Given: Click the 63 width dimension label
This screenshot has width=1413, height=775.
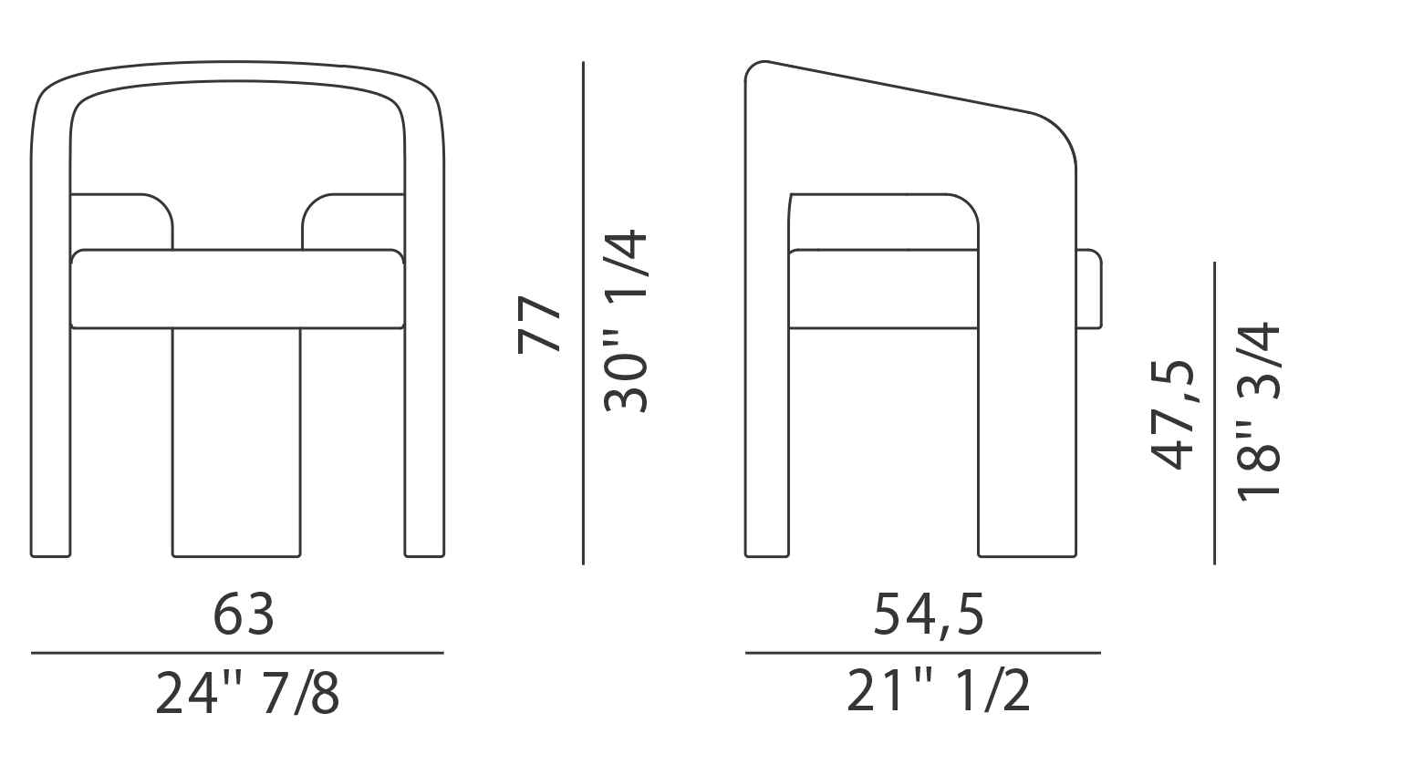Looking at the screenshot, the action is pos(244,614).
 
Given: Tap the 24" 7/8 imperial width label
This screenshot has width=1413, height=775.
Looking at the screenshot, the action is pos(247,693).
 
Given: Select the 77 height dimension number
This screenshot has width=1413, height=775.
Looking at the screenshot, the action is pos(539,324).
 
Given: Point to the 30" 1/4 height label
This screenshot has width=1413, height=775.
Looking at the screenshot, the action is pos(626,322).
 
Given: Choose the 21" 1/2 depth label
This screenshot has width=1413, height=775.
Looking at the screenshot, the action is pos(939,691).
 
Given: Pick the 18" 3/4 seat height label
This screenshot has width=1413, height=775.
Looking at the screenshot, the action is pos(1259,412).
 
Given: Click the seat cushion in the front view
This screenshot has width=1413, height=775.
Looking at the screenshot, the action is pos(237,289).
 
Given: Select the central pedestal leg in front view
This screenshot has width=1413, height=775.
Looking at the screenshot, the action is pos(236,443).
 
